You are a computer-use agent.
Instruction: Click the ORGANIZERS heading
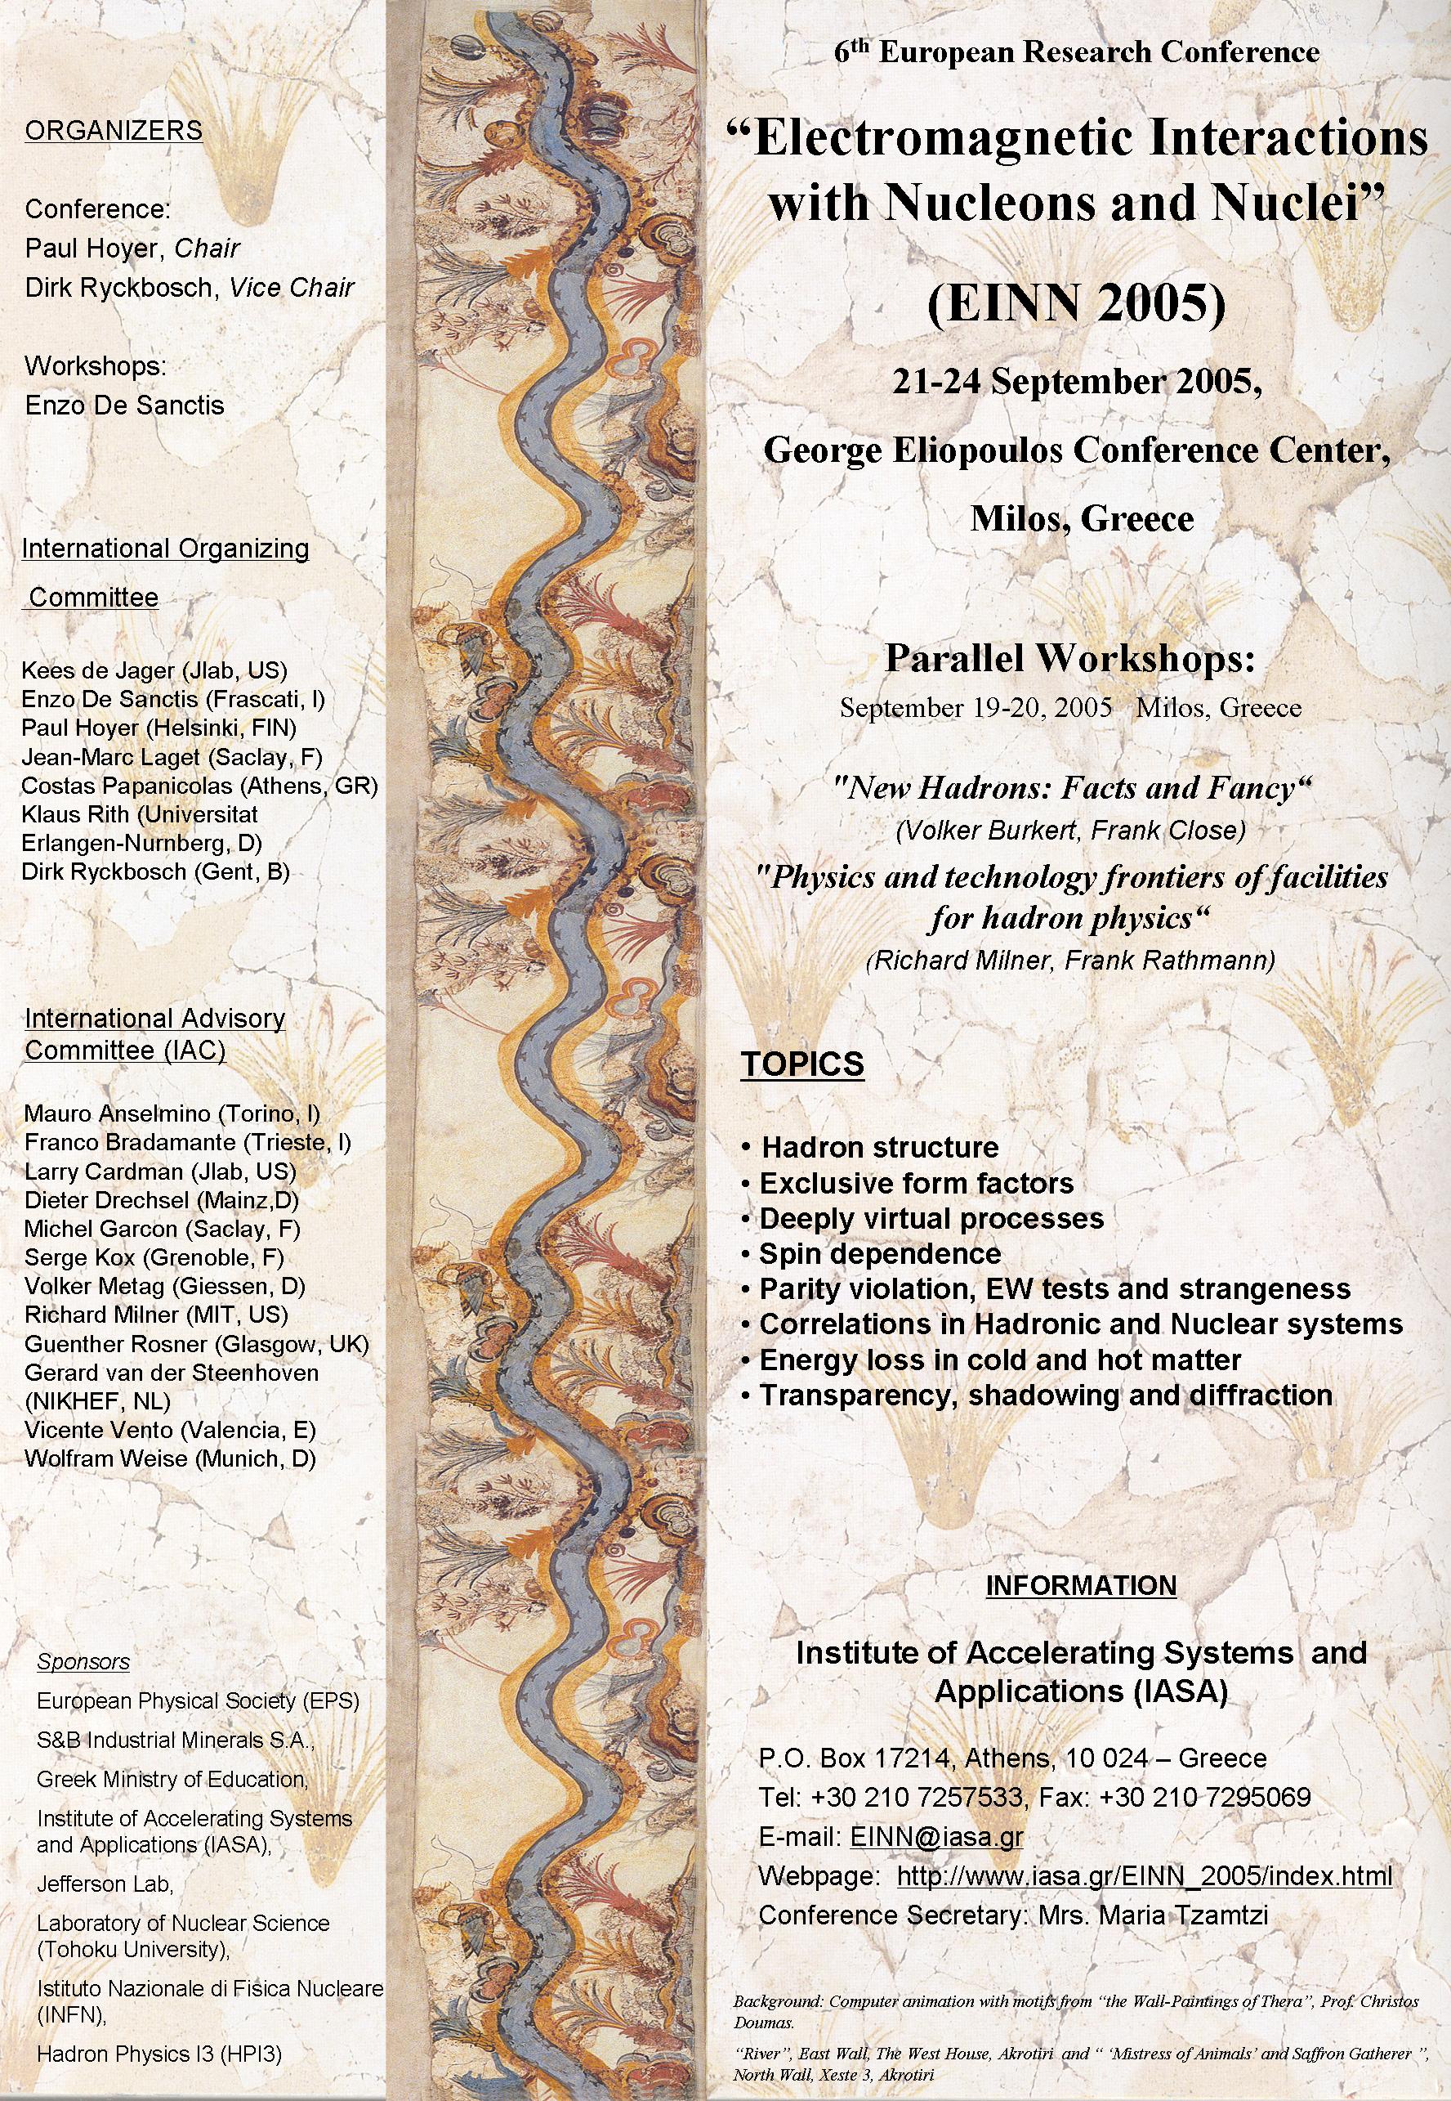pos(114,131)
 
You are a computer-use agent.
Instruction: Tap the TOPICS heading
pos(801,1064)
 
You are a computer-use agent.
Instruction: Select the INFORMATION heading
pos(1081,1585)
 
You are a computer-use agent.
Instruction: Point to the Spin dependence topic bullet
pos(879,1253)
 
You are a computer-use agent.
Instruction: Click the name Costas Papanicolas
pos(98,786)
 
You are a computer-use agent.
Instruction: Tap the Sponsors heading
pos(83,1662)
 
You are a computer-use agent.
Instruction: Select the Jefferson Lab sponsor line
pos(105,1884)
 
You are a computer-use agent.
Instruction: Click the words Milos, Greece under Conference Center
pos(1081,518)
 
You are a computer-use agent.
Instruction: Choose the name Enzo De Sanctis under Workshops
pos(124,405)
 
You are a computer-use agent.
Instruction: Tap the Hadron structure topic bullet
pos(878,1147)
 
